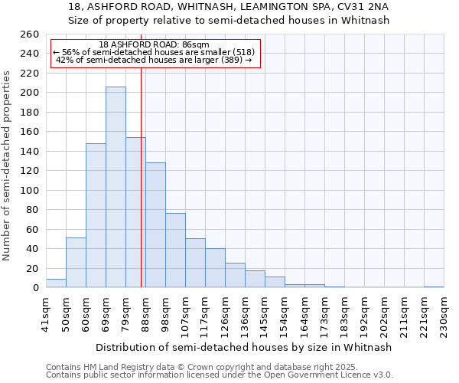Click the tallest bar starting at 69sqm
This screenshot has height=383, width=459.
tap(116, 188)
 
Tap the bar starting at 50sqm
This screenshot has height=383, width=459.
tap(76, 263)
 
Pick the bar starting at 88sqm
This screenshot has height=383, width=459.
tap(155, 225)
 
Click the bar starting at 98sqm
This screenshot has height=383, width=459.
tap(175, 250)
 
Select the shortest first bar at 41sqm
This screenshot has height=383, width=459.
tap(56, 283)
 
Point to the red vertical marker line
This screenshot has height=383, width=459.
tap(142, 176)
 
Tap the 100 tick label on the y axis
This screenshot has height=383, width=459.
tap(29, 190)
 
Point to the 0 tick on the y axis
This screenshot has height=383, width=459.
tap(35, 288)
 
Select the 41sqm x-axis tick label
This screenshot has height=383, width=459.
tap(46, 313)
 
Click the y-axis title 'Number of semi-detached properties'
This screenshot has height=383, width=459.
tap(8, 165)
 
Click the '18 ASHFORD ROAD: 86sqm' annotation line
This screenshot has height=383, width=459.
tap(155, 44)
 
